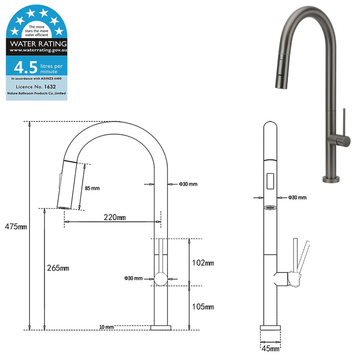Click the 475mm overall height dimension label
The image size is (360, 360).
pos(16,227)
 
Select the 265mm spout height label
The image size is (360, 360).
pos(58,268)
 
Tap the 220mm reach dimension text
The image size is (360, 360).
pos(115,217)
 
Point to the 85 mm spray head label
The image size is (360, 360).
pos(92,188)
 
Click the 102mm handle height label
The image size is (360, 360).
pos(203,263)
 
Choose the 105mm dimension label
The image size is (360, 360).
pos(203,307)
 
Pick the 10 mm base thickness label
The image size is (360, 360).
pos(106,327)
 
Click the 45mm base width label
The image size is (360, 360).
pos(271,349)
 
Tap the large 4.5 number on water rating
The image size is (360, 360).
pos(26,67)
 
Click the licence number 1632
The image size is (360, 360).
pos(50,86)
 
